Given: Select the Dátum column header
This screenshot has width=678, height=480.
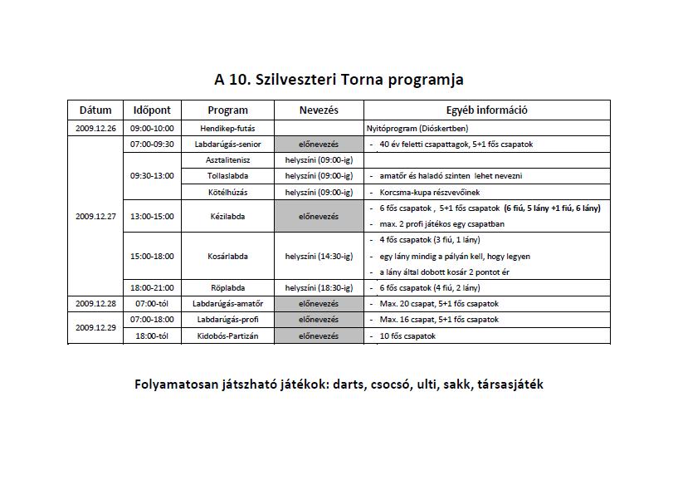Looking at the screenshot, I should pos(95,110).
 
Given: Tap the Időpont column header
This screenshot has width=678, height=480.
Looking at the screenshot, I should pos(152,110).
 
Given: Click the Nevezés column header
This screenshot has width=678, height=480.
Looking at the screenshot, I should pos(319,110).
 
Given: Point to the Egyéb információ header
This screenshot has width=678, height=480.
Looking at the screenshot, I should pos(487,110).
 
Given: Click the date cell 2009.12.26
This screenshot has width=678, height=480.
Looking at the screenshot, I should pos(95,129).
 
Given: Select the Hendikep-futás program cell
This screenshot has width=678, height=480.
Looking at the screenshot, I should pos(227,129).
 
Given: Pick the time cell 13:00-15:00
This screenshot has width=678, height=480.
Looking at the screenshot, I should pos(152,216).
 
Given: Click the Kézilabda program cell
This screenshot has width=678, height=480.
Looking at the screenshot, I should pos(227,216).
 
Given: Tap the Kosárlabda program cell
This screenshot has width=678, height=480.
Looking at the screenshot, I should pos(227,257).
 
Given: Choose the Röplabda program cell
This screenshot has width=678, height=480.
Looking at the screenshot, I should pos(227,288).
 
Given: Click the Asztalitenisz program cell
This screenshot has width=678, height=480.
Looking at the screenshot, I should pos(227,159).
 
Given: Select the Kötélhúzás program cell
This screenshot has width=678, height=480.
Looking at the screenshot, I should pos(227,192).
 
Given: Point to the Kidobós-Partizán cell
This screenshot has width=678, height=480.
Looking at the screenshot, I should pos(227,336).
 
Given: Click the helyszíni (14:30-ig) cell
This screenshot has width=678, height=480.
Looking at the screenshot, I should pos(319,257).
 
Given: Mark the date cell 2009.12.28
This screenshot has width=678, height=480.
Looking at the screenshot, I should pos(95,304).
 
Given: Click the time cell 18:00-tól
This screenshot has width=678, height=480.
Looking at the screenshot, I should pos(152,336).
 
